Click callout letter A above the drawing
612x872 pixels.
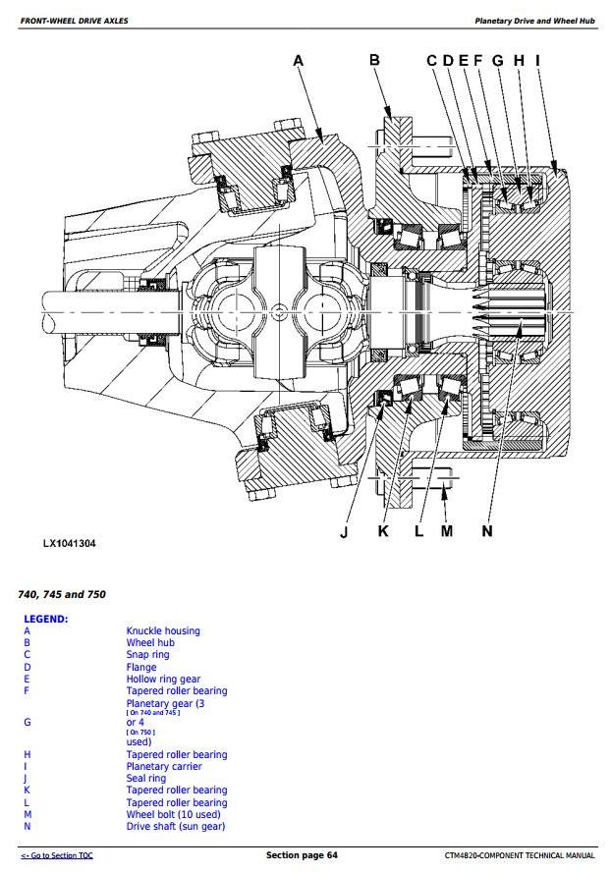coord(299,61)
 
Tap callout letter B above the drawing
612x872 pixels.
coord(374,61)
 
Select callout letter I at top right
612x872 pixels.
coord(537,61)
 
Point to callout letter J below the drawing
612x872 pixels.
coord(344,532)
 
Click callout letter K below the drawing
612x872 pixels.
coord(383,532)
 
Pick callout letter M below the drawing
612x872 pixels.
coord(447,532)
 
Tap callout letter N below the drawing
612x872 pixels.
coord(487,532)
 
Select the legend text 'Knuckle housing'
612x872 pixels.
coord(162,631)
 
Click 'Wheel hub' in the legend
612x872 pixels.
coord(150,643)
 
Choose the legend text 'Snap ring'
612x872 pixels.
coord(147,655)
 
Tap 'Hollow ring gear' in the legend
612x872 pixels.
coord(163,680)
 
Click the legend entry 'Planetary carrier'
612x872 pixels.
coord(164,767)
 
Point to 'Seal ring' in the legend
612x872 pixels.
coord(146,779)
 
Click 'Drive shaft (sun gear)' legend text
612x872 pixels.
coord(176,827)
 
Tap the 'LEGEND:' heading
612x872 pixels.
coord(45,620)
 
